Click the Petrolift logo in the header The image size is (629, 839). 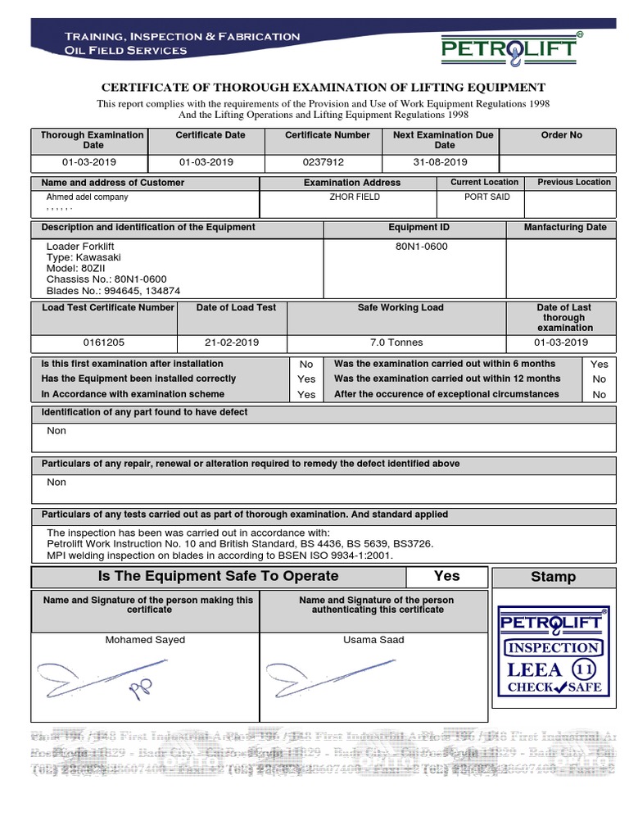tap(509, 49)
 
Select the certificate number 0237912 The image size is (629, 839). tap(323, 163)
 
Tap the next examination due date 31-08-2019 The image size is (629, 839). tap(440, 163)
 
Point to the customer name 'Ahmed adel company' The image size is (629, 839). tap(87, 197)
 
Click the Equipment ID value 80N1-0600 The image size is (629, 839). tap(421, 247)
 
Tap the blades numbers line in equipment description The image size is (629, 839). tap(113, 291)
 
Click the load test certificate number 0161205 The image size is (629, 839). tap(104, 343)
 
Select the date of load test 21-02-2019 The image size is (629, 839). tap(231, 343)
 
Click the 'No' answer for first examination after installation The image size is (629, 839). tap(306, 365)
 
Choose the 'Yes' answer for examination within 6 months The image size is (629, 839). tap(600, 365)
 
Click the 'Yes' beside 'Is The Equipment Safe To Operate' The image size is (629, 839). tap(446, 576)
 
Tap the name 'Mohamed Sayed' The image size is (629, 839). tap(145, 640)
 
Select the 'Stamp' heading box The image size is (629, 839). tap(553, 577)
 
